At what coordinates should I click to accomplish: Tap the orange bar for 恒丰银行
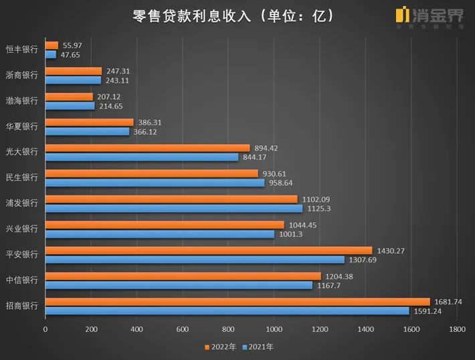(52, 45)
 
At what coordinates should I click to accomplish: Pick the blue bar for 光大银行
(141, 157)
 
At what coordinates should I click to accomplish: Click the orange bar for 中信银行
(183, 276)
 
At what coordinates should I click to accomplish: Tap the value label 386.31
(150, 122)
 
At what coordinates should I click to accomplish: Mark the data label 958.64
(280, 183)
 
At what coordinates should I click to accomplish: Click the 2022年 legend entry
(221, 347)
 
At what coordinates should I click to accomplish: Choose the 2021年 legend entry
(258, 347)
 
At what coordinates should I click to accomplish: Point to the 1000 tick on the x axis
(274, 329)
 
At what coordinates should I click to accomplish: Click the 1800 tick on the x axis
(457, 329)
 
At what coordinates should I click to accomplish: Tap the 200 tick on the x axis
(91, 329)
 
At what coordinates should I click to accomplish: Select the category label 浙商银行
(21, 75)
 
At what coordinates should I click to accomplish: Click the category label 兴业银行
(21, 229)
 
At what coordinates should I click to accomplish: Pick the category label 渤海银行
(21, 101)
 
